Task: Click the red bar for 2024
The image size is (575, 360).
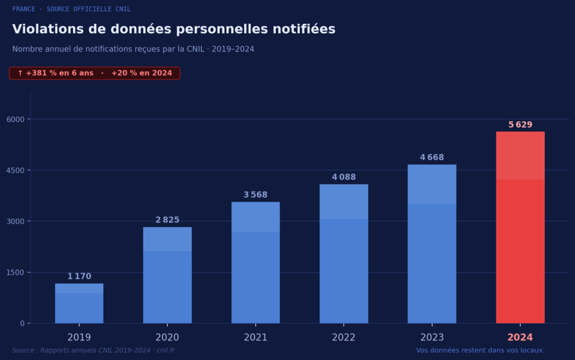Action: pos(520,227)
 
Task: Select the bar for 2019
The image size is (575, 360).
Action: pos(79,303)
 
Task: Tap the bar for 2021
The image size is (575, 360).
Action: pos(255,263)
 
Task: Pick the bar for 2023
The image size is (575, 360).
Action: pos(432,244)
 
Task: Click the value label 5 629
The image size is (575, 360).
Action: pos(520,125)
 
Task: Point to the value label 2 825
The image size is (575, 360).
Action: pos(167,220)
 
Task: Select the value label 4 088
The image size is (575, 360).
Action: pos(344,177)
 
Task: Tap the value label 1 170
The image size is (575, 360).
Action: pos(79,276)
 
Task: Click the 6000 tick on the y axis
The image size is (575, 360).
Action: pos(15,119)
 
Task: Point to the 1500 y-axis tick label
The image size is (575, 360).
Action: pos(15,272)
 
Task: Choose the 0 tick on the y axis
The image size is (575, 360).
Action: pos(22,323)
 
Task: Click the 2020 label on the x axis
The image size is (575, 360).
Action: pos(167,338)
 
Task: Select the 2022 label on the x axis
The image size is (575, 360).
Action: pos(344,338)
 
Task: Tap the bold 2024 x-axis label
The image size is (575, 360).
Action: pos(520,338)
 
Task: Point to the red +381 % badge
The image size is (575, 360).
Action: pos(94,74)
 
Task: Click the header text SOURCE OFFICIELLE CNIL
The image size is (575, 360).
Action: pos(89,9)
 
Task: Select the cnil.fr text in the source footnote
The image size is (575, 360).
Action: pos(166,350)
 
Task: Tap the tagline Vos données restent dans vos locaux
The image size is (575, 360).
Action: pos(480,350)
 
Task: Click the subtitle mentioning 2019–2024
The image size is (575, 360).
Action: pos(133,49)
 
